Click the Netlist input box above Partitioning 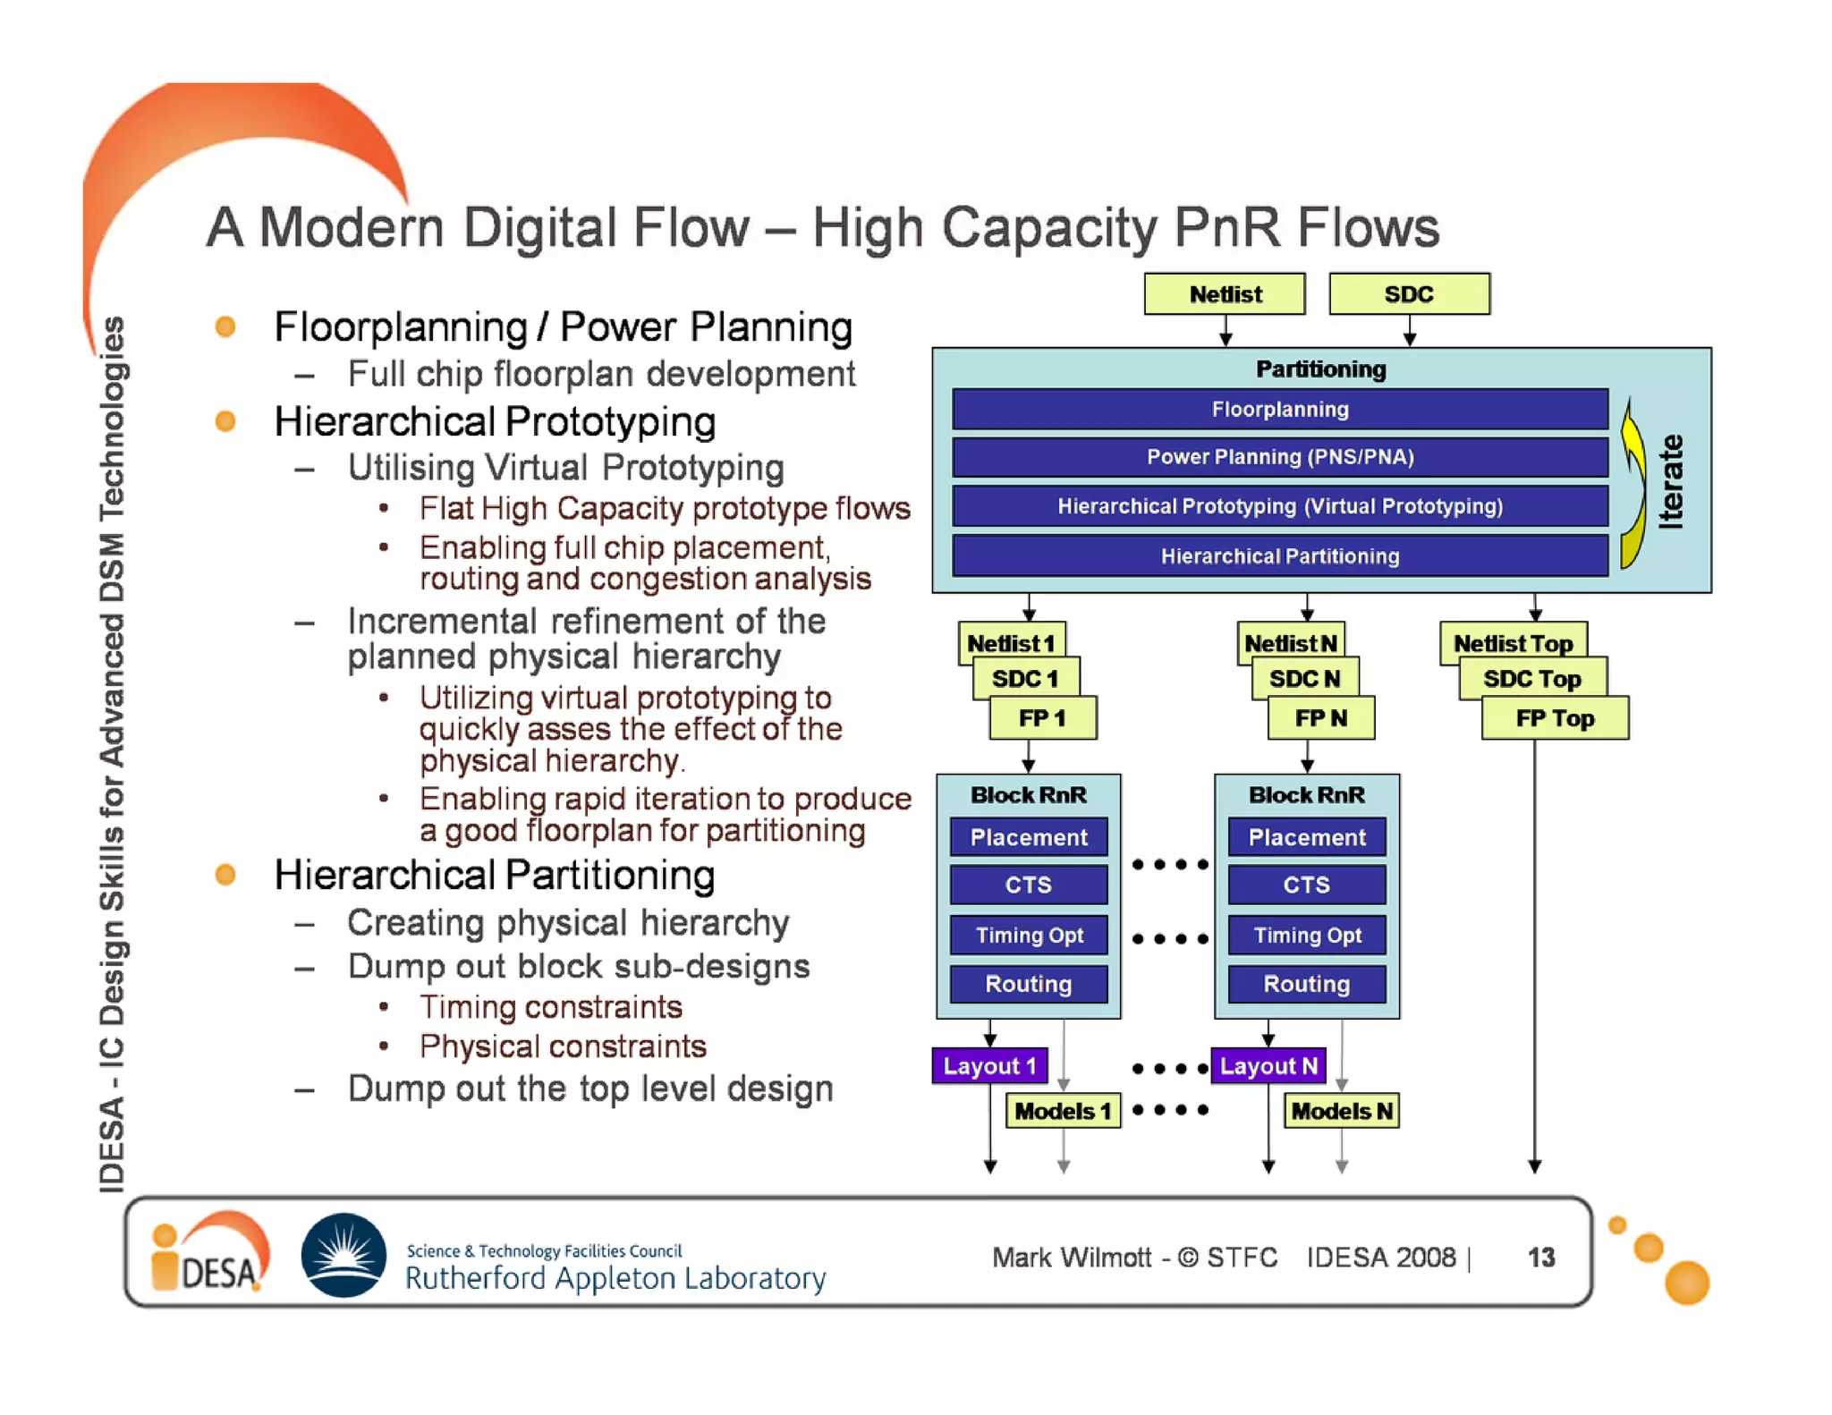coord(1224,294)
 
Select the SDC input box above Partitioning coord(1409,294)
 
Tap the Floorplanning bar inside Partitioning coord(1279,410)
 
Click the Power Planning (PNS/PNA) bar coord(1279,457)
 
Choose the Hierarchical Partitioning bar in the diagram coord(1279,556)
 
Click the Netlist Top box coord(1512,643)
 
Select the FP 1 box coord(1042,718)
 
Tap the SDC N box coord(1304,679)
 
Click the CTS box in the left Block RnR coord(1028,885)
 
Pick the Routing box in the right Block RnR coord(1306,984)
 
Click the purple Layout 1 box coord(989,1065)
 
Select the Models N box coord(1341,1111)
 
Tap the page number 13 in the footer coord(1540,1257)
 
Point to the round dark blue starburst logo coord(343,1254)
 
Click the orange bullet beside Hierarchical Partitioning coord(225,875)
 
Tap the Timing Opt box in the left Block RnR coord(1028,936)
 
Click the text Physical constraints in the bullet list coord(563,1046)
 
